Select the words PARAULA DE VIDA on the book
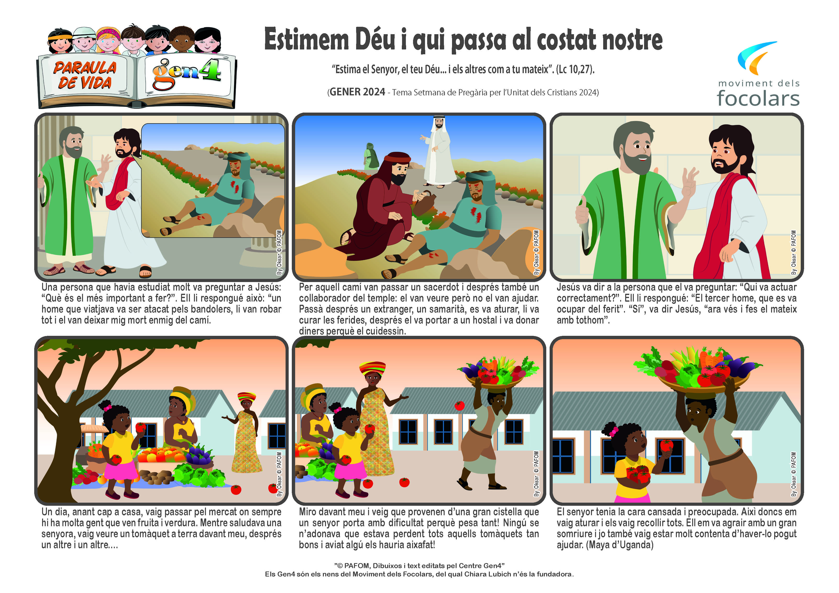coord(85,75)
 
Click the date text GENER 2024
coord(357,92)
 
